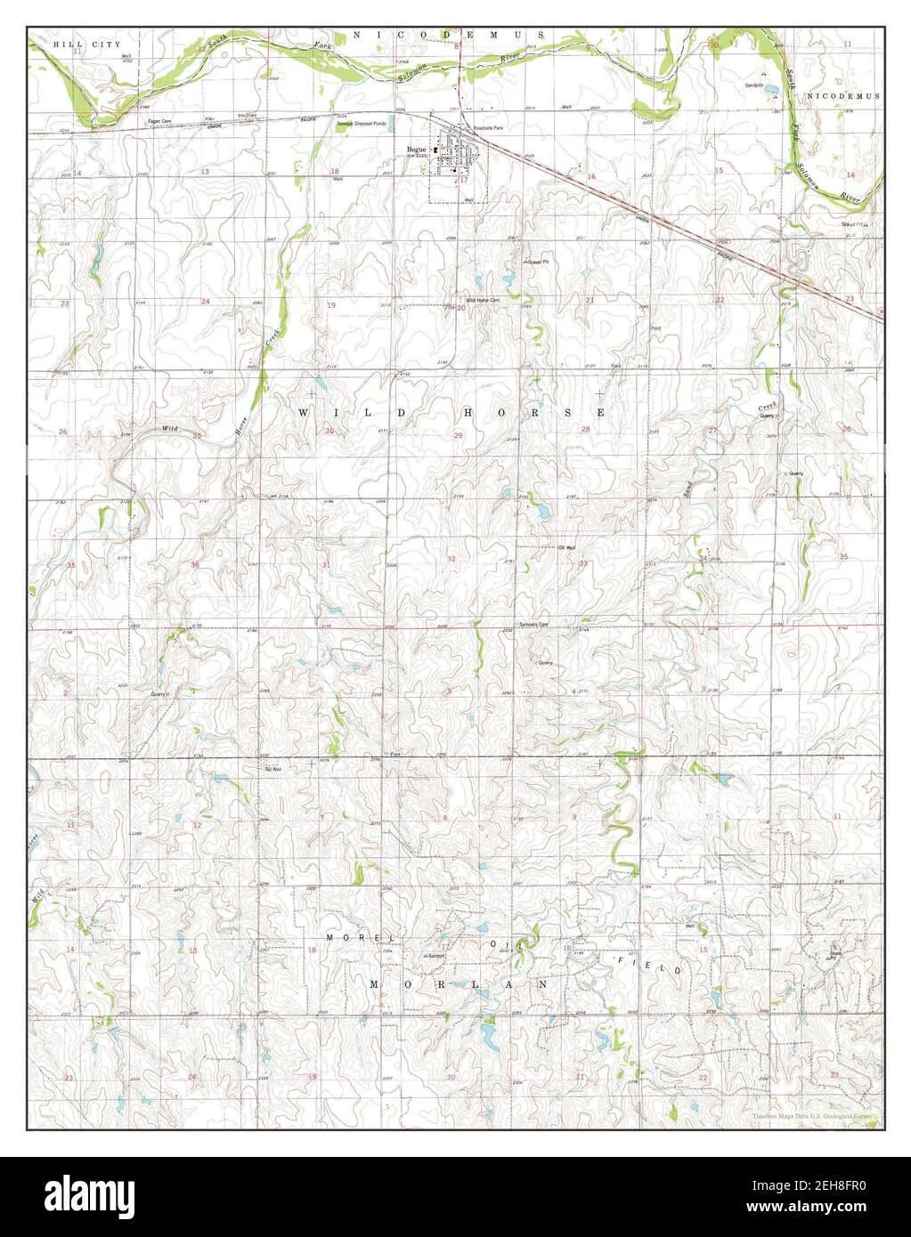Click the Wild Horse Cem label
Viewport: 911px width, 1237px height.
pyautogui.click(x=472, y=301)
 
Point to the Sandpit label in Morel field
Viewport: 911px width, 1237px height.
pyautogui.click(x=435, y=955)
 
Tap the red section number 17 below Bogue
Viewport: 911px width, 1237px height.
pyautogui.click(x=463, y=179)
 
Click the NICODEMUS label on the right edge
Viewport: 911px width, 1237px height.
pyautogui.click(x=842, y=95)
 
